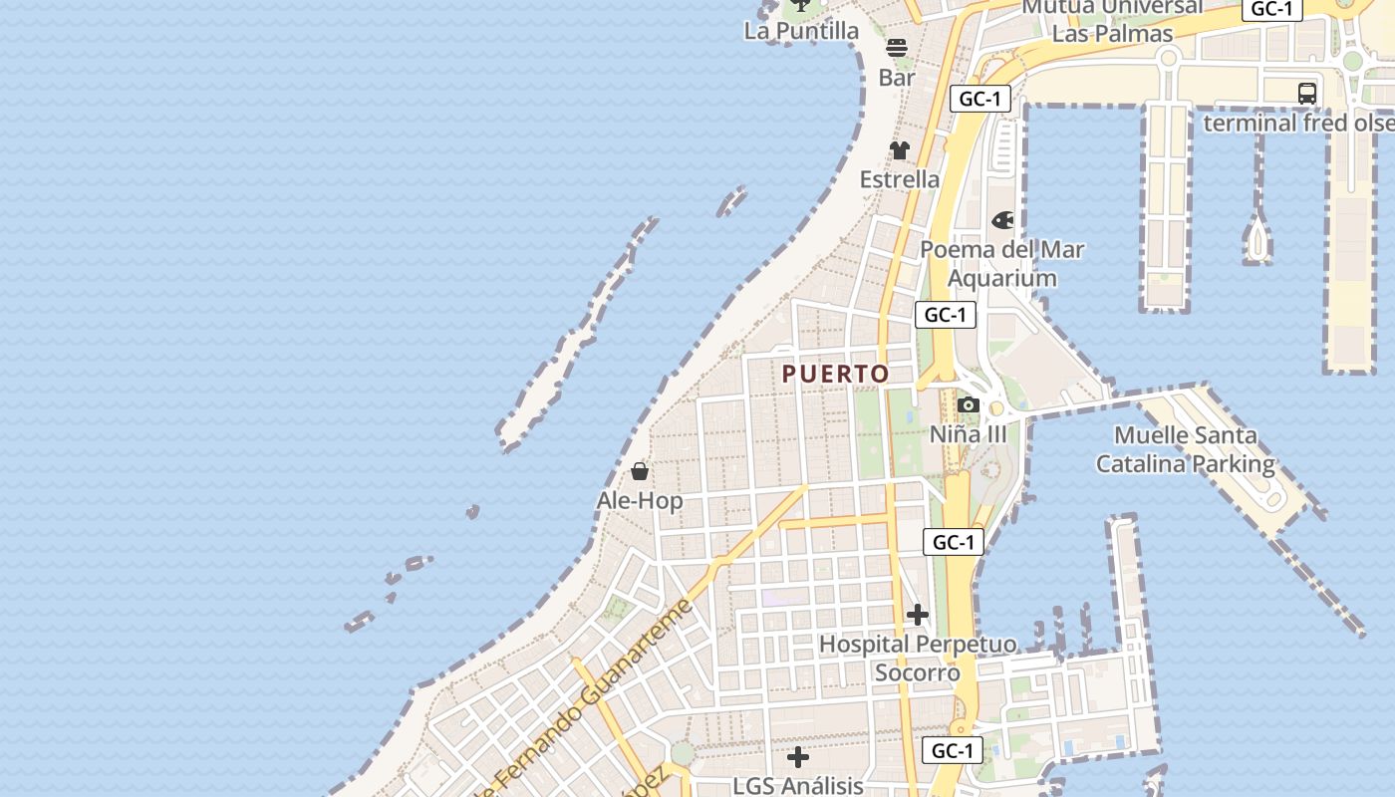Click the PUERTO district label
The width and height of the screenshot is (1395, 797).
click(835, 375)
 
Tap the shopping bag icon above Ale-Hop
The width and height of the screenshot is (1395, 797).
click(640, 470)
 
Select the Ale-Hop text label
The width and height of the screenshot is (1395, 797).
click(640, 501)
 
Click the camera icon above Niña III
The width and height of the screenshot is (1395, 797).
click(968, 404)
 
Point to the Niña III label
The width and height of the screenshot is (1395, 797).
click(968, 434)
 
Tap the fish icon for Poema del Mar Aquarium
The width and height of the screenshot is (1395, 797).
click(1002, 220)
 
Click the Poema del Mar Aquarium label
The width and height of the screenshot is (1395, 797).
click(1001, 263)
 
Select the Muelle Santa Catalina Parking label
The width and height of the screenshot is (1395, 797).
click(1185, 449)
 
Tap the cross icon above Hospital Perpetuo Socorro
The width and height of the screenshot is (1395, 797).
click(918, 615)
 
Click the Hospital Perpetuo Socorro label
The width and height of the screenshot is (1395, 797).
click(918, 659)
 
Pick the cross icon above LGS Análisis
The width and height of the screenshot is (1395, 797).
click(798, 757)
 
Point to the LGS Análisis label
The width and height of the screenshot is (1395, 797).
click(797, 785)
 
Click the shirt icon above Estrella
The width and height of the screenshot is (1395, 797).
click(900, 150)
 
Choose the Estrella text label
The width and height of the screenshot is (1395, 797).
click(900, 179)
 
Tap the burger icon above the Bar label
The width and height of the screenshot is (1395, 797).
click(897, 48)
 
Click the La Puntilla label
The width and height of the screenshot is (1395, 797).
click(801, 31)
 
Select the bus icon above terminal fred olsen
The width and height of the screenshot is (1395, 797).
click(1307, 94)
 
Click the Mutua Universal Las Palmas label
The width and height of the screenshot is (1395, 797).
click(1112, 20)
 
